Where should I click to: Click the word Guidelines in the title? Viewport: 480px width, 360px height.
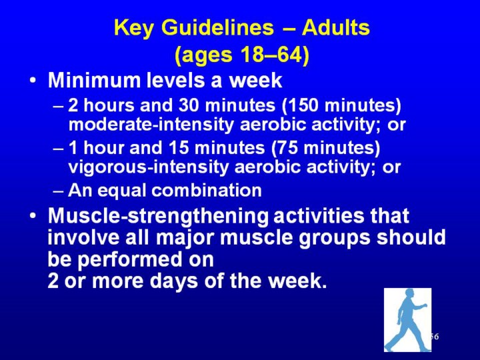[x=217, y=27]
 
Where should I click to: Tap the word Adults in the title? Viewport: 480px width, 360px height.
[x=336, y=27]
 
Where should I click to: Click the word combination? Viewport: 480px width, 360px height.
[x=207, y=190]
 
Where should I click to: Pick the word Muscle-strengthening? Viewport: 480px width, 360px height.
[x=158, y=216]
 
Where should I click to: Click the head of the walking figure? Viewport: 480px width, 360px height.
[x=410, y=293]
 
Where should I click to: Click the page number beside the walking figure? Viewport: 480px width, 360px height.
[x=435, y=337]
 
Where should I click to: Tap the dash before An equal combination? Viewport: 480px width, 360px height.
[x=58, y=191]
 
